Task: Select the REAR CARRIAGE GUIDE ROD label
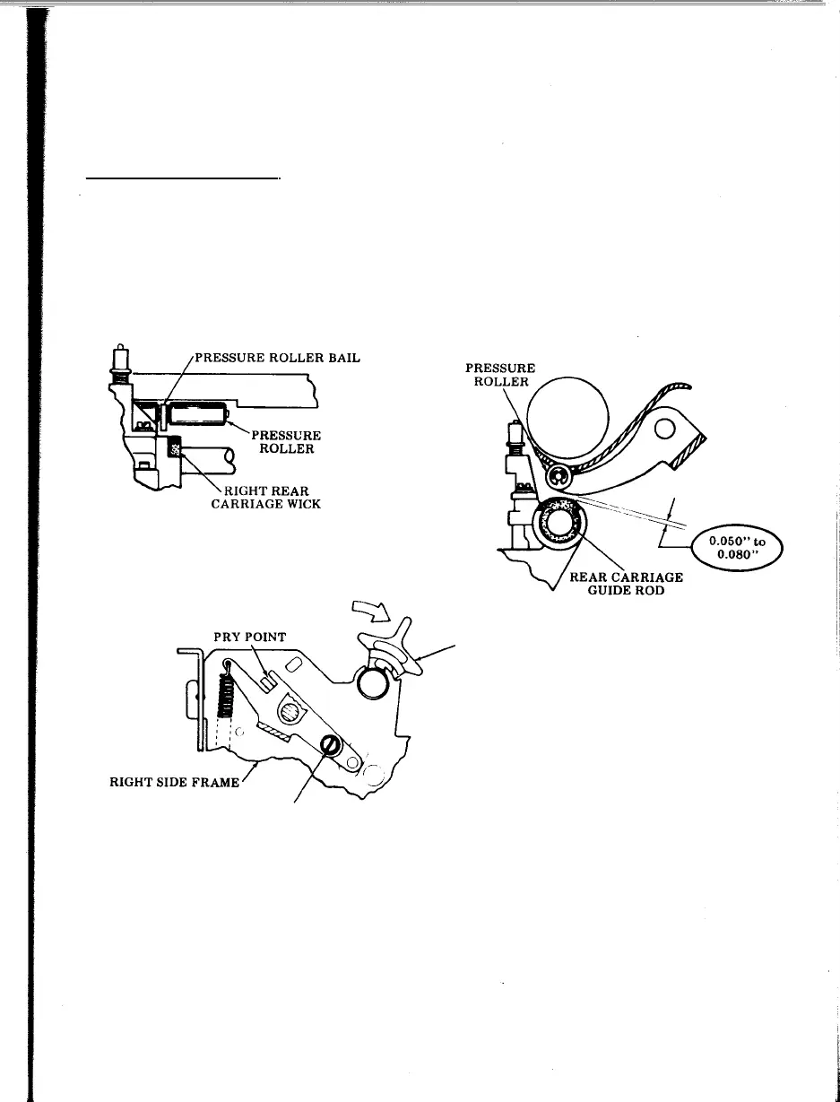pos(627,585)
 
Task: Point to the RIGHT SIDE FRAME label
pos(181,782)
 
